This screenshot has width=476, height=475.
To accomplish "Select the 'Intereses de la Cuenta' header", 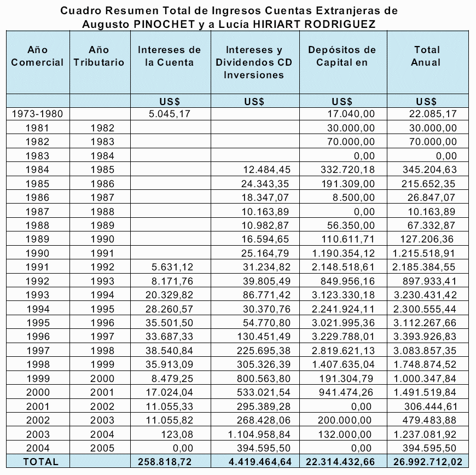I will click(169, 56).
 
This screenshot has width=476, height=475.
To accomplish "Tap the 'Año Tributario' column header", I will click(99, 56).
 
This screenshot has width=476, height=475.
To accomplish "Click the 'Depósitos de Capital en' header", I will click(342, 56).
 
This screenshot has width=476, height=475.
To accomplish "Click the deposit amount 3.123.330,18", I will click(343, 294).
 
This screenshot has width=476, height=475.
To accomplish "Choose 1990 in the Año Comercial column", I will click(38, 253).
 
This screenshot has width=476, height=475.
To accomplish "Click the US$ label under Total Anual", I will click(426, 101).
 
